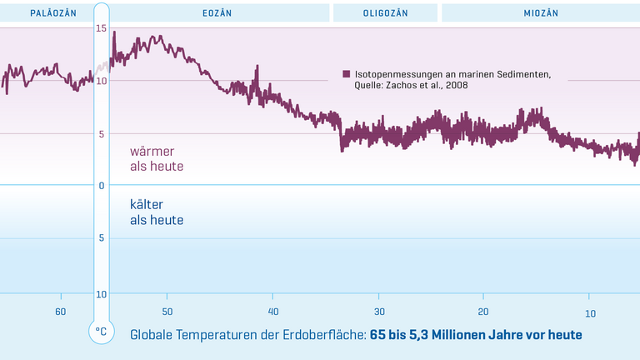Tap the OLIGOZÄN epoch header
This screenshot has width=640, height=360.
click(x=385, y=12)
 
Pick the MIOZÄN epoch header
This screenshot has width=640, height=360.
click(x=540, y=12)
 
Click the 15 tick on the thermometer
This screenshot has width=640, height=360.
click(x=101, y=29)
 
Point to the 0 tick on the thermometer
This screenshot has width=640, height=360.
click(x=101, y=185)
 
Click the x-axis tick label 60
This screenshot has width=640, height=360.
click(x=61, y=312)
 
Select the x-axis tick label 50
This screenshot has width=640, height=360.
click(x=167, y=312)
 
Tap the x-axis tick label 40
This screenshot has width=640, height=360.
click(x=272, y=312)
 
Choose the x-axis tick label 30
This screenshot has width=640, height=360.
click(x=378, y=312)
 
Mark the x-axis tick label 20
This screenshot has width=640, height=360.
click(x=483, y=312)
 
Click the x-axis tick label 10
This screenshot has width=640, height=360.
click(x=589, y=312)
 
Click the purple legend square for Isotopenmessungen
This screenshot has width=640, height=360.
click(x=347, y=74)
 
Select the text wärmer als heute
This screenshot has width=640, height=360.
click(x=156, y=159)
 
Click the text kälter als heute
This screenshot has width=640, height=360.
click(x=156, y=212)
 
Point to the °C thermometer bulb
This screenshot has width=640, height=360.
click(x=101, y=332)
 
